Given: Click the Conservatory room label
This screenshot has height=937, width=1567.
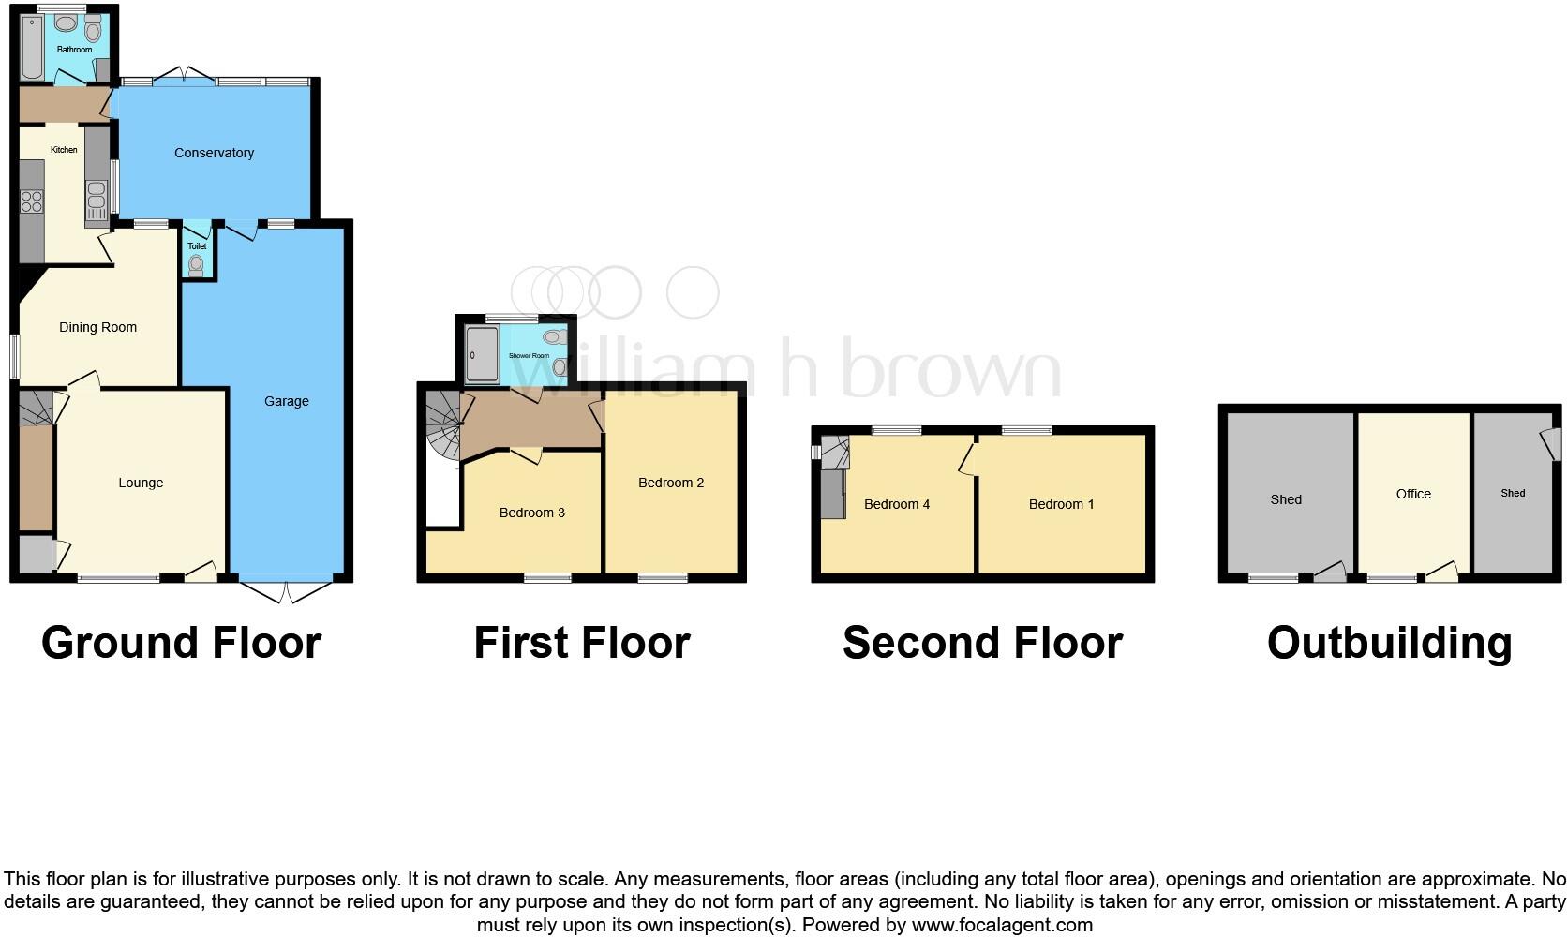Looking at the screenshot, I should [x=214, y=153].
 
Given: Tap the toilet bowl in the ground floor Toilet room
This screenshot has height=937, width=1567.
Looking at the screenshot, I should [x=196, y=266].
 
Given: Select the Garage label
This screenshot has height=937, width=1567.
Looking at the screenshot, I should [x=286, y=401].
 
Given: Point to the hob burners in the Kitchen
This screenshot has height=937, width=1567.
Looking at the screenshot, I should [x=32, y=202].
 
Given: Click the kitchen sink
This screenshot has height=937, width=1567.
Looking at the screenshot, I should [x=96, y=198].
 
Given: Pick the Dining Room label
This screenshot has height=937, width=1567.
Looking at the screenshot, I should [x=97, y=327].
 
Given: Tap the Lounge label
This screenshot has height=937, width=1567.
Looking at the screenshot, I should [x=141, y=483].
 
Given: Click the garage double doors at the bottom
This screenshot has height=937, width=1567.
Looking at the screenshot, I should [x=285, y=591].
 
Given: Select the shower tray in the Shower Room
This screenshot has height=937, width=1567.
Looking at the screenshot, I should [x=482, y=355].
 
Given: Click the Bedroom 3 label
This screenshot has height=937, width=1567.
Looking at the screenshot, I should [x=531, y=513].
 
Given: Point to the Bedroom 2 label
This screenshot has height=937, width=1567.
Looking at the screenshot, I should [x=670, y=483].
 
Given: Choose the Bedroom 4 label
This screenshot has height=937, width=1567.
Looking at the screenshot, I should [x=896, y=504].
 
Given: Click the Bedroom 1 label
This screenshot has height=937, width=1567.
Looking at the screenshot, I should [x=1061, y=504].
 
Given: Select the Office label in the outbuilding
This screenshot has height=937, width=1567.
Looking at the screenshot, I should [x=1412, y=494].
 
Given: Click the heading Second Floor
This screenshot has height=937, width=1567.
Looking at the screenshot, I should [x=982, y=643].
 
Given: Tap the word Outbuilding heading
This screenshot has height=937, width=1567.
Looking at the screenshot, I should [x=1389, y=643].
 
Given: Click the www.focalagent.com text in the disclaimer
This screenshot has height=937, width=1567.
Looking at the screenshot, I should [x=1002, y=925].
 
